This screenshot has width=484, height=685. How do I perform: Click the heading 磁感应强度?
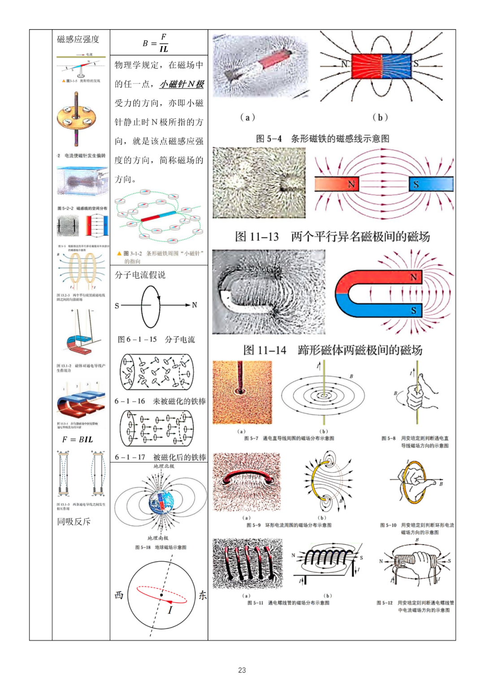[x=78, y=39]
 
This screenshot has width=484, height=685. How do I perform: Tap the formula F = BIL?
[x=78, y=440]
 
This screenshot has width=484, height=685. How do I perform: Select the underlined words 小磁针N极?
[x=182, y=84]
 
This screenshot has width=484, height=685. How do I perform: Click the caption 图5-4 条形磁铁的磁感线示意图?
[x=322, y=139]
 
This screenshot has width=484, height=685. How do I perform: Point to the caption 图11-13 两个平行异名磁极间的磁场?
[x=332, y=236]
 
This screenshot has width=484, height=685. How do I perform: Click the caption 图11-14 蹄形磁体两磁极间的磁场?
[x=333, y=350]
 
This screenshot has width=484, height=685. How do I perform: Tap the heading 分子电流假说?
[x=140, y=275]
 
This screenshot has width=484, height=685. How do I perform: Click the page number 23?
[x=242, y=670]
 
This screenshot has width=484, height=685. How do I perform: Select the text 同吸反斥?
[x=73, y=521]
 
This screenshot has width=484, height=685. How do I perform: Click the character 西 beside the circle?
[x=119, y=595]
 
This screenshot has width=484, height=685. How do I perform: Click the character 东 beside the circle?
[x=203, y=595]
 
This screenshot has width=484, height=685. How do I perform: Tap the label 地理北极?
[x=164, y=466]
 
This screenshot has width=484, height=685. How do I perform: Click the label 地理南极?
[x=158, y=538]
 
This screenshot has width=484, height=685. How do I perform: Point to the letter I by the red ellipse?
[x=170, y=610]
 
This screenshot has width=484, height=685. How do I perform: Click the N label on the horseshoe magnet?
[x=413, y=277]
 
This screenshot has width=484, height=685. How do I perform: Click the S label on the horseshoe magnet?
[x=413, y=310]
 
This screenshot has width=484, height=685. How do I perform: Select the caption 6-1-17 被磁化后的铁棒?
[x=160, y=457]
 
